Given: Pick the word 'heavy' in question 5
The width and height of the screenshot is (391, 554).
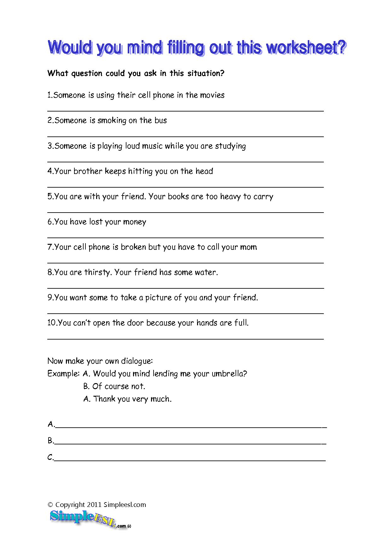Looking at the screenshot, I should click(231, 196).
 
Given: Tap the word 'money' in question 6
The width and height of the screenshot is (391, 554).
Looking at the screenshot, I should click(135, 222).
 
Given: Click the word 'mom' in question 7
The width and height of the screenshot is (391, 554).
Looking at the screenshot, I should click(248, 247).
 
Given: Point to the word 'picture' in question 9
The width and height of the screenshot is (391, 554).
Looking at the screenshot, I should click(157, 298).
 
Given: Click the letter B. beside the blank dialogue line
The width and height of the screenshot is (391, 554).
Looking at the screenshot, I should click(51, 441).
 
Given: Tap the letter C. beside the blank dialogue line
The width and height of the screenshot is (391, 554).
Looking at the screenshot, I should click(51, 457).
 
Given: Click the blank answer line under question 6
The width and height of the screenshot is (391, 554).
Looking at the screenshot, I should click(185, 238).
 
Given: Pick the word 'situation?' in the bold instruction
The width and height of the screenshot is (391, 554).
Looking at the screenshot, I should click(206, 73).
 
